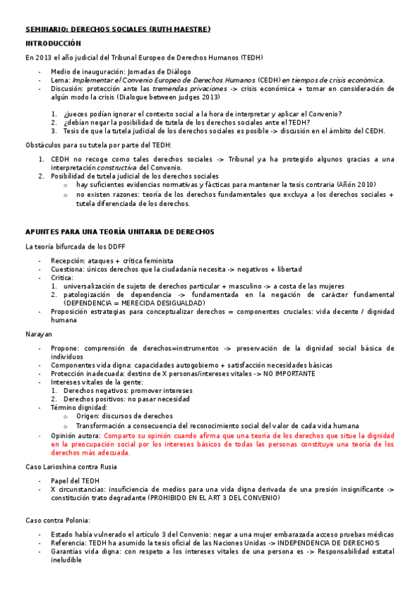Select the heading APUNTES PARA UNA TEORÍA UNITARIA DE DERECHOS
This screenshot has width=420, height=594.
point(119,231)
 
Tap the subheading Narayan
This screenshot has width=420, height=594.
point(39,335)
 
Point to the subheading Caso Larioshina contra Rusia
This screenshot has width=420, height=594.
point(71,467)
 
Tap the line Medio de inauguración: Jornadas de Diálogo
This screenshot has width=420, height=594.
point(111,71)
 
